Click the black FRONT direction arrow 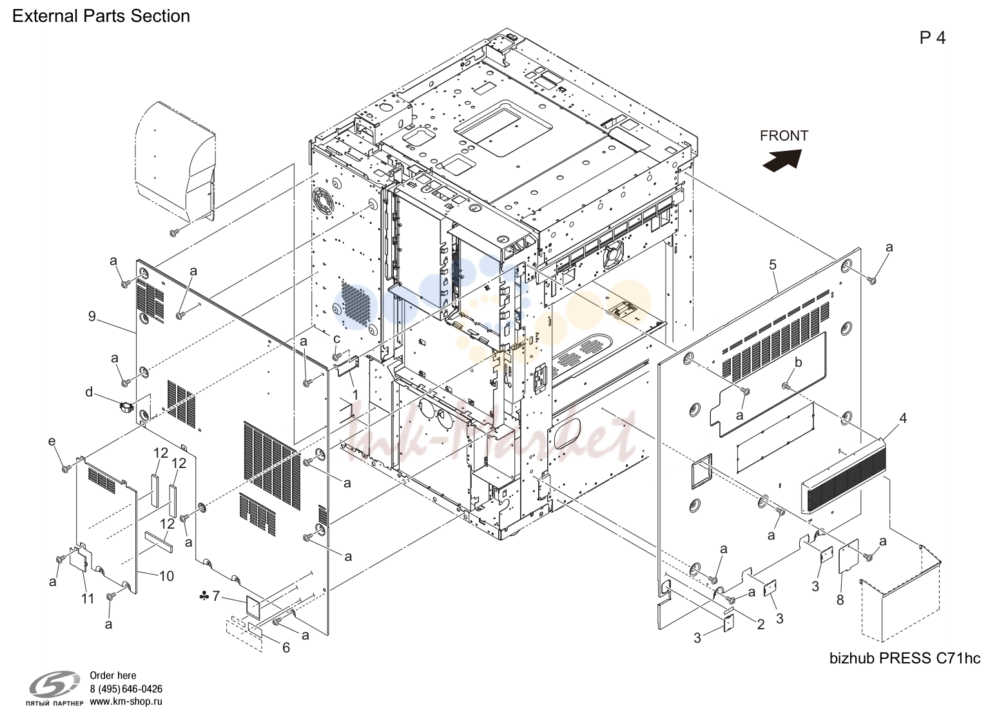pos(782,160)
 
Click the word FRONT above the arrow pos(784,135)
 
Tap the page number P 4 pos(933,38)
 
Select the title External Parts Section pos(101,16)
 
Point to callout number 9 pos(92,316)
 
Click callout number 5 pos(772,264)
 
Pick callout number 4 pos(903,418)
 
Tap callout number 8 pos(840,600)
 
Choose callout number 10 pos(166,576)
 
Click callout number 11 pos(88,598)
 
